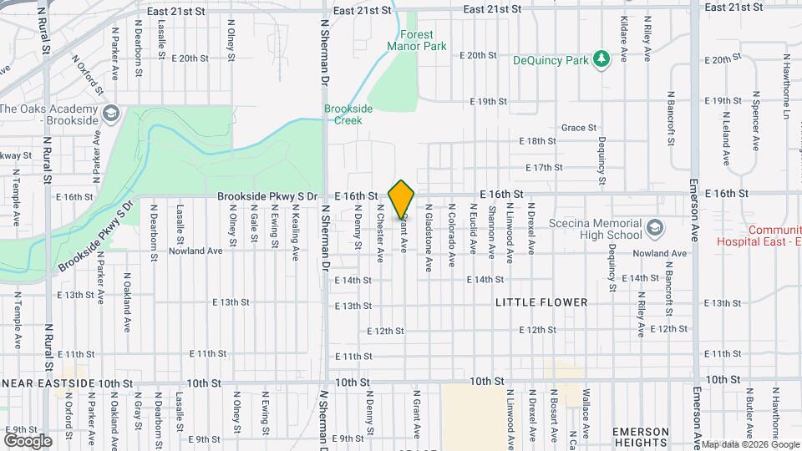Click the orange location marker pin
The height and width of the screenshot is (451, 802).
(402, 199)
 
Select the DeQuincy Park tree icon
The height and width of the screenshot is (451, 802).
(599, 58)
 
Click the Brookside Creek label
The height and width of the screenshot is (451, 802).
(343, 114)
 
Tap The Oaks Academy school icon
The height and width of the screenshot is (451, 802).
(110, 113)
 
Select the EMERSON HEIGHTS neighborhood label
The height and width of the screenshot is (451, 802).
(642, 437)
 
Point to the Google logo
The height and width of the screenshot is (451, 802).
(28, 440)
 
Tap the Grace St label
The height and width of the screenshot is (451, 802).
(579, 128)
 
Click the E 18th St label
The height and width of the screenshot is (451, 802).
(537, 141)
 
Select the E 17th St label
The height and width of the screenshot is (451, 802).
(544, 167)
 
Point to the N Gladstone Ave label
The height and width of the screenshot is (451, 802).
(429, 238)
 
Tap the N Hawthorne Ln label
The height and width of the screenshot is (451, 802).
(787, 92)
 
